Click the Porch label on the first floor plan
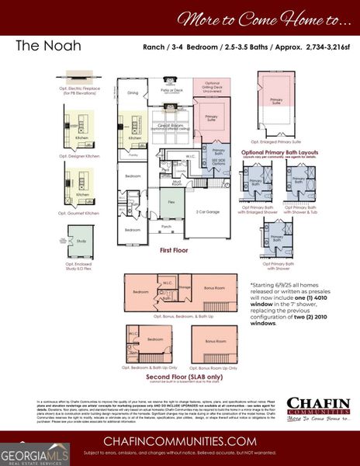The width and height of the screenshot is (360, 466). [167, 228]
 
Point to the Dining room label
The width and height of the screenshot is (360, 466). [133, 93]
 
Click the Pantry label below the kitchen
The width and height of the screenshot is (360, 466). [133, 155]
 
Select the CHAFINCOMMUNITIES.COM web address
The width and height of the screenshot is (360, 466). [180, 441]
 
